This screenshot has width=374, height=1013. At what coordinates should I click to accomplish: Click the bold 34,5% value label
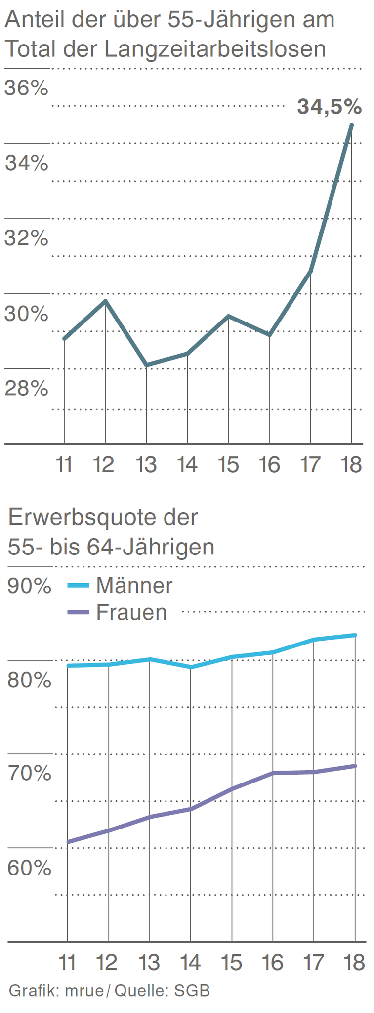click(329, 107)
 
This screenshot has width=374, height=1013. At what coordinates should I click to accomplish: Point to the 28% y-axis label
click(27, 389)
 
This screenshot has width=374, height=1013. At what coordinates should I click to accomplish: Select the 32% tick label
click(27, 238)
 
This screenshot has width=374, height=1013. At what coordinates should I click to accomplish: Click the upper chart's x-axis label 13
click(146, 465)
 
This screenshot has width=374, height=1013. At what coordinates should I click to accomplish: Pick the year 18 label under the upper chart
click(351, 465)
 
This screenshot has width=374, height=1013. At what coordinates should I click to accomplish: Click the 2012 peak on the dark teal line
click(105, 301)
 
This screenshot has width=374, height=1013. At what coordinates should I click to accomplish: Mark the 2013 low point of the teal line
click(146, 365)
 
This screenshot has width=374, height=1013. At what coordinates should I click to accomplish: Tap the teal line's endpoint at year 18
click(351, 125)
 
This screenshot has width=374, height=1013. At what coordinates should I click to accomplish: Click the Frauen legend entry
click(131, 612)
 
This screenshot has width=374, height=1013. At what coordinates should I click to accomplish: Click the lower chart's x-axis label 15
click(231, 963)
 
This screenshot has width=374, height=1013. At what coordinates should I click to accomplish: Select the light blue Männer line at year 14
click(191, 667)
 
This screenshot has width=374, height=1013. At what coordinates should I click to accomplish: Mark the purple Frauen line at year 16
click(273, 773)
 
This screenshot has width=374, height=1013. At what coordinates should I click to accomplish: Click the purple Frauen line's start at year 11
click(68, 841)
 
